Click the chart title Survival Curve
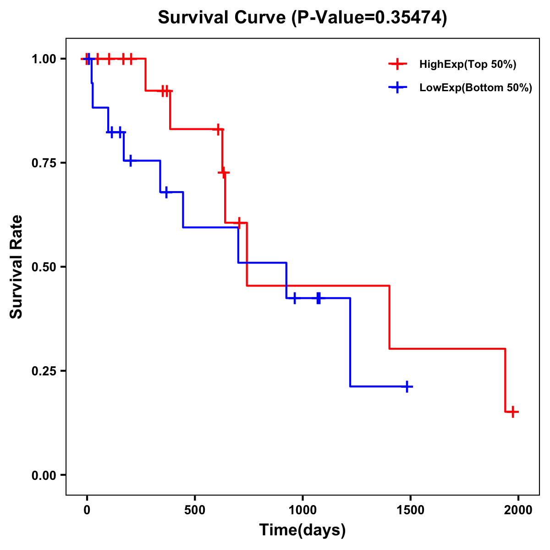[302, 18]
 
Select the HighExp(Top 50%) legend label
[467, 65]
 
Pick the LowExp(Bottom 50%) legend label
[476, 88]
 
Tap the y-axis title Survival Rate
[17, 266]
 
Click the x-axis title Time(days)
[302, 530]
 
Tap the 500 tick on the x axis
[195, 510]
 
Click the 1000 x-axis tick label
[302, 510]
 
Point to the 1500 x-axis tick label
[410, 510]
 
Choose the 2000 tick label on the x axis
[518, 510]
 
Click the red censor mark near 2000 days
[513, 412]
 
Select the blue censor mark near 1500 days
[406, 387]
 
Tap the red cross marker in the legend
[398, 64]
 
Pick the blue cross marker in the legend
[398, 88]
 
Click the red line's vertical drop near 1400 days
[390, 317]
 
